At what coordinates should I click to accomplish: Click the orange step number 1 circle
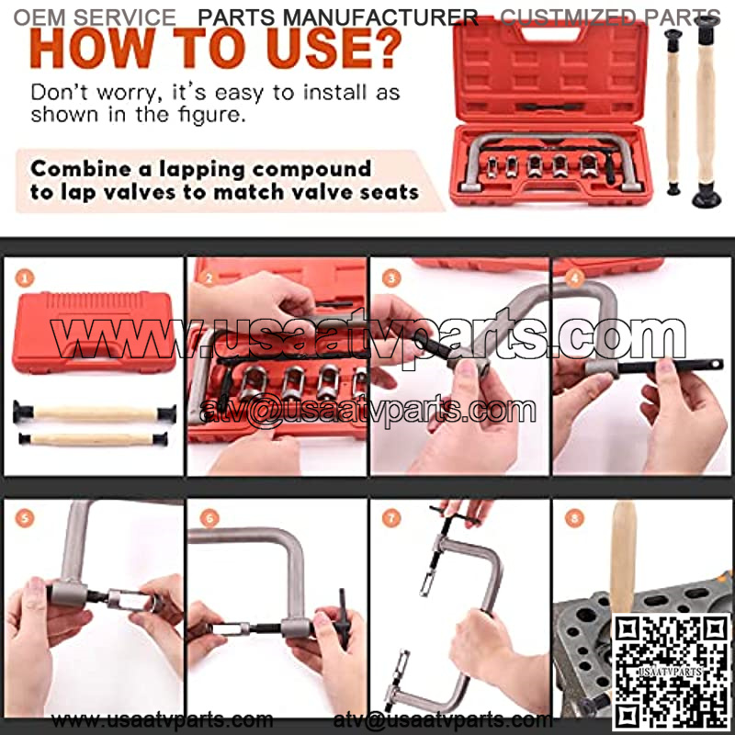coord(25,278)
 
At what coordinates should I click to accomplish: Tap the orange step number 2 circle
coord(209,278)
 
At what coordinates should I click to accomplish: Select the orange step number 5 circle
coord(25,518)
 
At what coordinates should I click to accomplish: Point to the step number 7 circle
coord(392,518)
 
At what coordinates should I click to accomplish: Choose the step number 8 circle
coord(575,518)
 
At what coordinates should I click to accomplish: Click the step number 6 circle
coord(209,518)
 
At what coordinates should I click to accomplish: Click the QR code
coord(672,672)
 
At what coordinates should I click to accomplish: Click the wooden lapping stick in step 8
coord(624,558)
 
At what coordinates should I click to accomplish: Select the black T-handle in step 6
coord(344,618)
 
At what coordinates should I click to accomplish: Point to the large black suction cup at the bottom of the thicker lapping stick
coord(707,196)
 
